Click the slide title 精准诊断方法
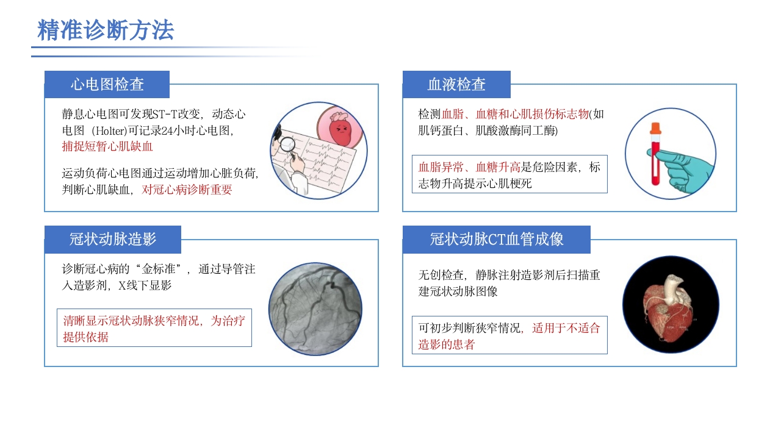[x=106, y=30]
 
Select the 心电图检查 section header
[x=107, y=84]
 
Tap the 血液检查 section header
[x=456, y=84]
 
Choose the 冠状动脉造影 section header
[x=113, y=239]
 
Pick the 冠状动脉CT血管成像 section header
[x=496, y=239]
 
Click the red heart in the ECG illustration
[x=339, y=129]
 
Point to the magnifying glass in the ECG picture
[x=286, y=144]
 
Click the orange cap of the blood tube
[x=655, y=128]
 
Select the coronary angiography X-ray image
[x=315, y=309]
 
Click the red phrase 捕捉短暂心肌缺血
[x=107, y=146]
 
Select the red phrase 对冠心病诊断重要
[x=187, y=190]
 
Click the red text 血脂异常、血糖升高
[x=469, y=167]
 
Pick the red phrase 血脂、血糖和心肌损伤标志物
[x=515, y=114]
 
